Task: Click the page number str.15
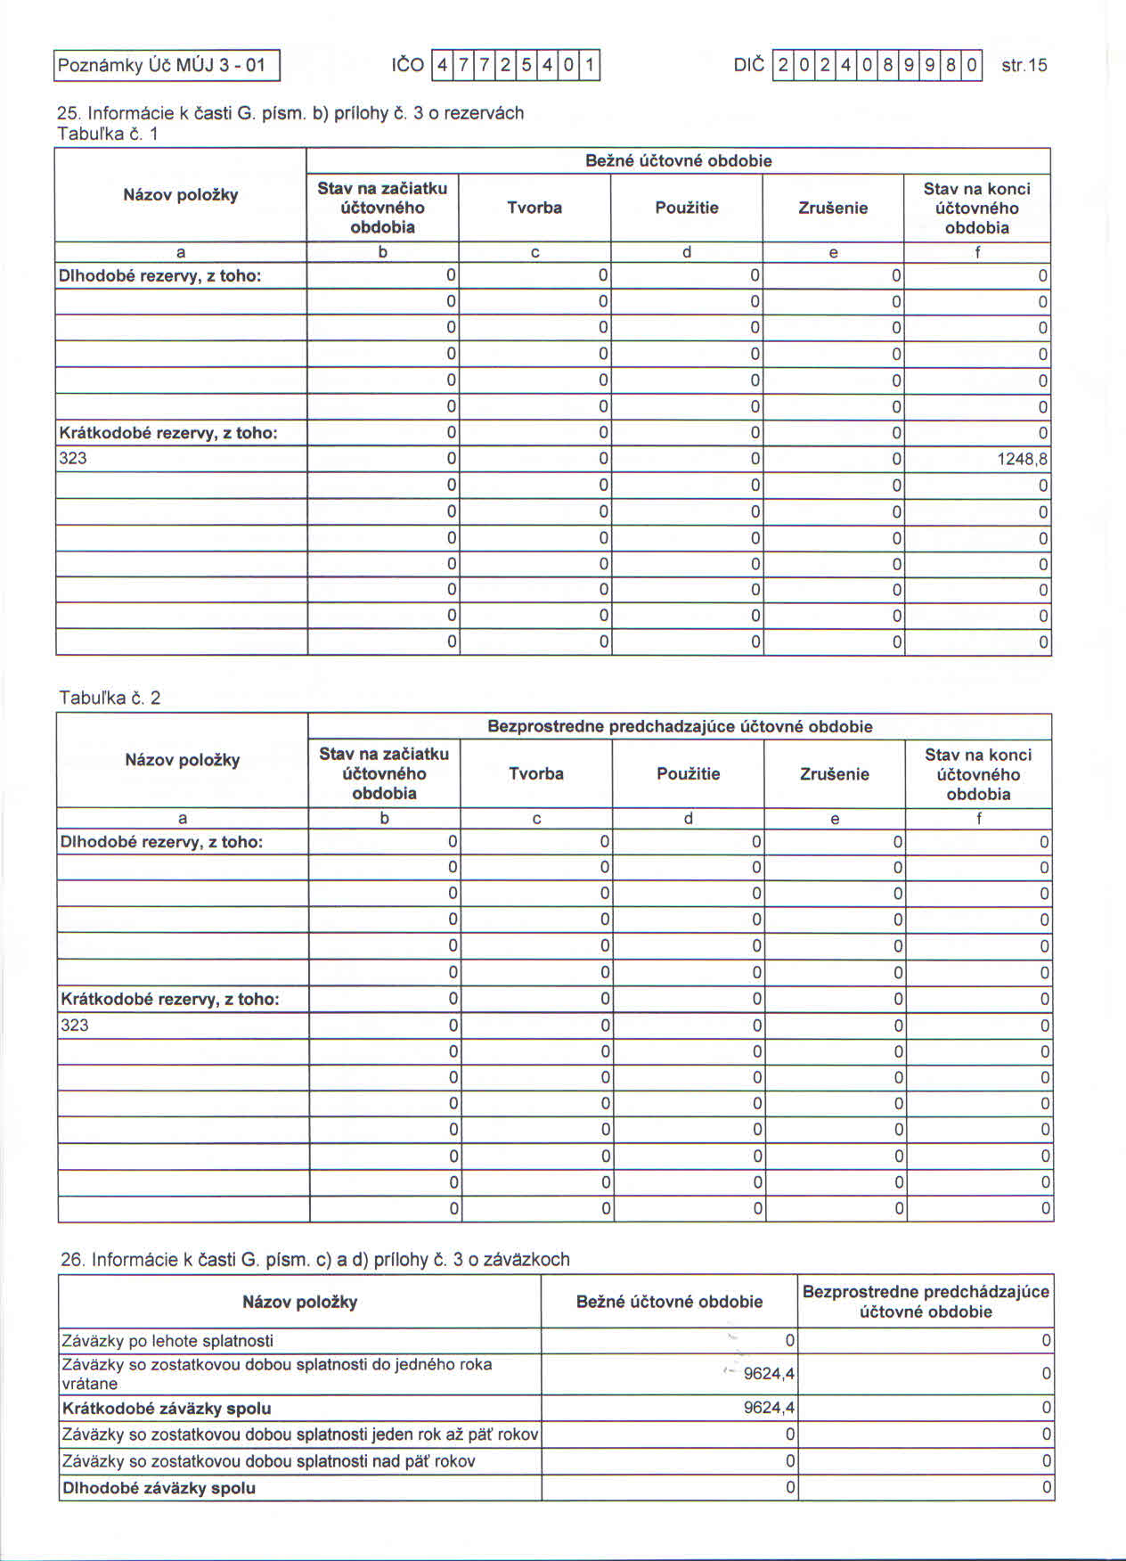click(1024, 65)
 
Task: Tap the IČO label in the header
click(407, 65)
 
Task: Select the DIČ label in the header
click(748, 65)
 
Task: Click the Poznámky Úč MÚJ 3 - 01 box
click(167, 65)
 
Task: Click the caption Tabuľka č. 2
click(110, 698)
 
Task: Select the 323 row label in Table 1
click(73, 458)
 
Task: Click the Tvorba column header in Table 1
click(534, 208)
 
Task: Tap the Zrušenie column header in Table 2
click(834, 773)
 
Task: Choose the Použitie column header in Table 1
click(686, 208)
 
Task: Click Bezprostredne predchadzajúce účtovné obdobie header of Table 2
click(680, 726)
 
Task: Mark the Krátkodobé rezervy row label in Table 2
click(169, 999)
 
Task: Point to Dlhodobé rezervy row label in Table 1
click(159, 275)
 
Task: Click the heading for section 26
click(314, 1259)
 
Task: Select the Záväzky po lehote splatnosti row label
click(167, 1341)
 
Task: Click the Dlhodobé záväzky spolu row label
click(159, 1488)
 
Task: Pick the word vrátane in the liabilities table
click(89, 1384)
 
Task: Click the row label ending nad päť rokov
click(268, 1461)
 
